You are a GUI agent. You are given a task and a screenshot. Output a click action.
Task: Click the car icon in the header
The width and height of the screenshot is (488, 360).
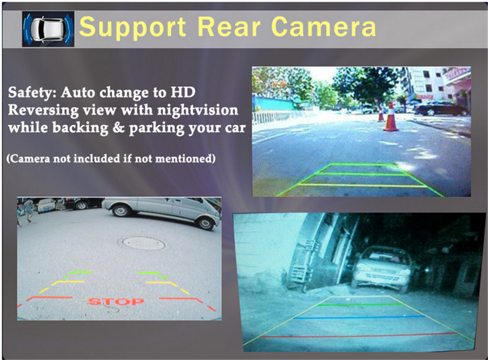coord(48,29)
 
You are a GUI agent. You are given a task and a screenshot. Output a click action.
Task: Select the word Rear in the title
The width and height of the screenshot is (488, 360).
coord(228,27)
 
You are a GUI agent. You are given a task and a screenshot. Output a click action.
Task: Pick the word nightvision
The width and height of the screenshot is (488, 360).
coord(197,110)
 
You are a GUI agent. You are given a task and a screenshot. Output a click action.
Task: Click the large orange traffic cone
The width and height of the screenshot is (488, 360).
coord(390,119)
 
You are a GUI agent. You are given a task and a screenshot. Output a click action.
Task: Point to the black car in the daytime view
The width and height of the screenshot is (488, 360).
coord(441,108)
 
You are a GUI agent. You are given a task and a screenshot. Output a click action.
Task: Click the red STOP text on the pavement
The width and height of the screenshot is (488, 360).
coord(116,301)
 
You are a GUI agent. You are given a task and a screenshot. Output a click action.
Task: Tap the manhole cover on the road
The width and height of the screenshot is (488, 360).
coord(144,243)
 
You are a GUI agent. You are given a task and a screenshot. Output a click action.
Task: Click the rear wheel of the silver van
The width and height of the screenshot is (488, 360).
coord(120,211)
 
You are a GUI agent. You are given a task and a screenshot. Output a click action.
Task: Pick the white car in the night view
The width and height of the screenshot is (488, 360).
coord(383,268)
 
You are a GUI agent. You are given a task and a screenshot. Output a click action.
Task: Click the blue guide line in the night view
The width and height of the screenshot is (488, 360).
coord(359,318)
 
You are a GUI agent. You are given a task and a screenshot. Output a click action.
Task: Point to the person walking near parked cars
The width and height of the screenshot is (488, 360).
coord(27,210)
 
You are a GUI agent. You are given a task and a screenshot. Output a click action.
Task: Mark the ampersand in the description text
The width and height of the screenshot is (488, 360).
coord(119,128)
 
